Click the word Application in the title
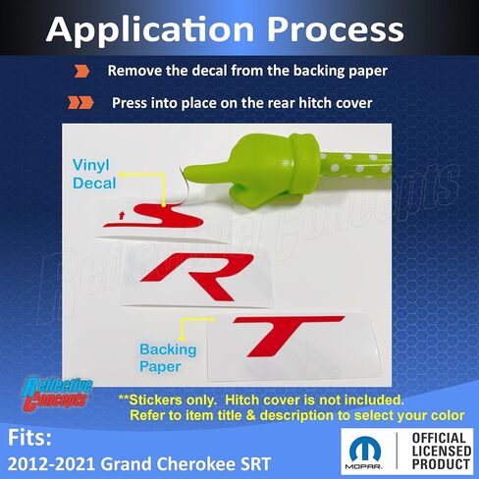[150, 28]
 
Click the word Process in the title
[335, 28]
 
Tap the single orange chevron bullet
[81, 71]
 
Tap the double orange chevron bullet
[80, 103]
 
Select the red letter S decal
[154, 215]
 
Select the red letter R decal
[197, 277]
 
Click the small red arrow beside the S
[122, 215]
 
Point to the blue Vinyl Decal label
[94, 174]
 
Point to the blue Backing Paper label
[168, 358]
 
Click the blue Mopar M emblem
[365, 450]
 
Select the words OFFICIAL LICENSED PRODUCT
[441, 452]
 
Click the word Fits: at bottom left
[29, 438]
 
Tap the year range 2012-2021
[51, 464]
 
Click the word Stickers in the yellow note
[155, 399]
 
